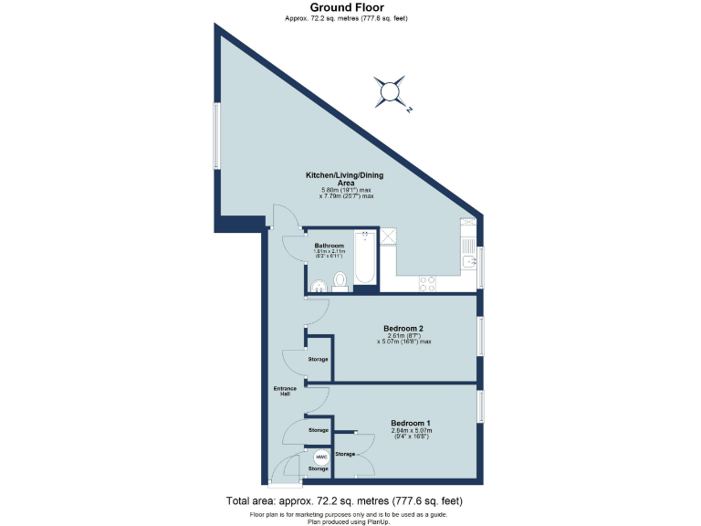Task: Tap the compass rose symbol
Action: [392, 90]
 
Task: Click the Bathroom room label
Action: [329, 246]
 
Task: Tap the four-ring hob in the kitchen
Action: [426, 283]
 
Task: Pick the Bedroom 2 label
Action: [403, 328]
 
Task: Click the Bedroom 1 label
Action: [410, 423]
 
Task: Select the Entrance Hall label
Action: [285, 392]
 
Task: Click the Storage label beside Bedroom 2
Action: [318, 359]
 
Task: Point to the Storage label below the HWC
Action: [318, 468]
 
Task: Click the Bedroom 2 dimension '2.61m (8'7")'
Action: [403, 335]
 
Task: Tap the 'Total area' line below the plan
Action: [345, 501]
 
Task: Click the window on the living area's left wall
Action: [216, 135]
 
